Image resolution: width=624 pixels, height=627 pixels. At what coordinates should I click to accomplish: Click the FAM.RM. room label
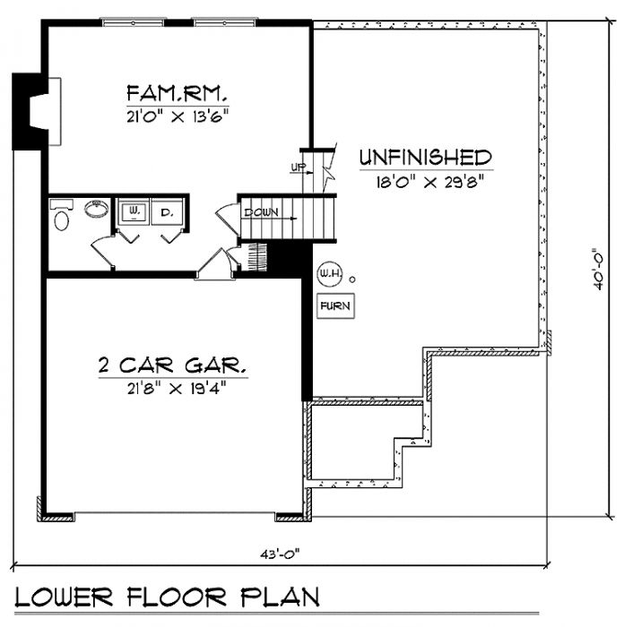(x=177, y=92)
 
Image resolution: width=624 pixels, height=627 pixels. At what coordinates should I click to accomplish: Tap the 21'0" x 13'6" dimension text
(x=177, y=115)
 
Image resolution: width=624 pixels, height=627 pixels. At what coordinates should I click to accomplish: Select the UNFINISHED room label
(x=426, y=158)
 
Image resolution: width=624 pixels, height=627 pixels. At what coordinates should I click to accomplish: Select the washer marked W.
(x=134, y=212)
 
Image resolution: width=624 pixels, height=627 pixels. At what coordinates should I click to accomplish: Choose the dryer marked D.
(x=167, y=212)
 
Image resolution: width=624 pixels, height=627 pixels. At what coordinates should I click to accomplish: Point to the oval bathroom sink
(x=94, y=209)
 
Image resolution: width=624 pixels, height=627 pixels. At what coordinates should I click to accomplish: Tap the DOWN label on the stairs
(x=261, y=213)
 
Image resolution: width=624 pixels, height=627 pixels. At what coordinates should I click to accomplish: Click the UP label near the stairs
(x=297, y=167)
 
